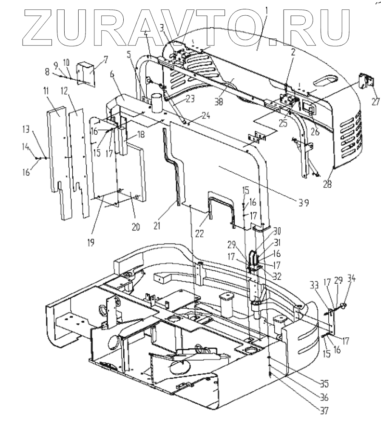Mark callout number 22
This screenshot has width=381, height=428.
199,233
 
